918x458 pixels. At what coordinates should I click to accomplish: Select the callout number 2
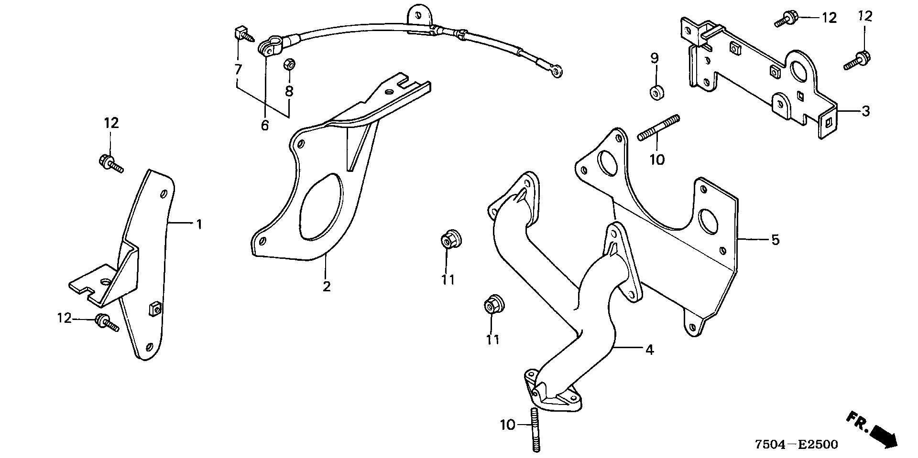click(x=327, y=287)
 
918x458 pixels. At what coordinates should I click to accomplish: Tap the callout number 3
click(x=865, y=112)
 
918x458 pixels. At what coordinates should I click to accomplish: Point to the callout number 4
click(x=649, y=350)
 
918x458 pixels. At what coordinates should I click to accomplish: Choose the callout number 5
click(x=775, y=240)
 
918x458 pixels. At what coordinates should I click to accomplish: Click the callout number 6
click(x=265, y=126)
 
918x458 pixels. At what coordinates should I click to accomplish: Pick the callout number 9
click(x=654, y=58)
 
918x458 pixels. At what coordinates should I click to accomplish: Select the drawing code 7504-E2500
click(x=797, y=445)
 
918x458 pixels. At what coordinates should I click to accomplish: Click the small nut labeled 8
click(x=289, y=64)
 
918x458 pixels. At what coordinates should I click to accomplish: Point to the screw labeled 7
click(x=243, y=34)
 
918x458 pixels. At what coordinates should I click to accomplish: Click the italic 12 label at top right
click(x=865, y=16)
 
